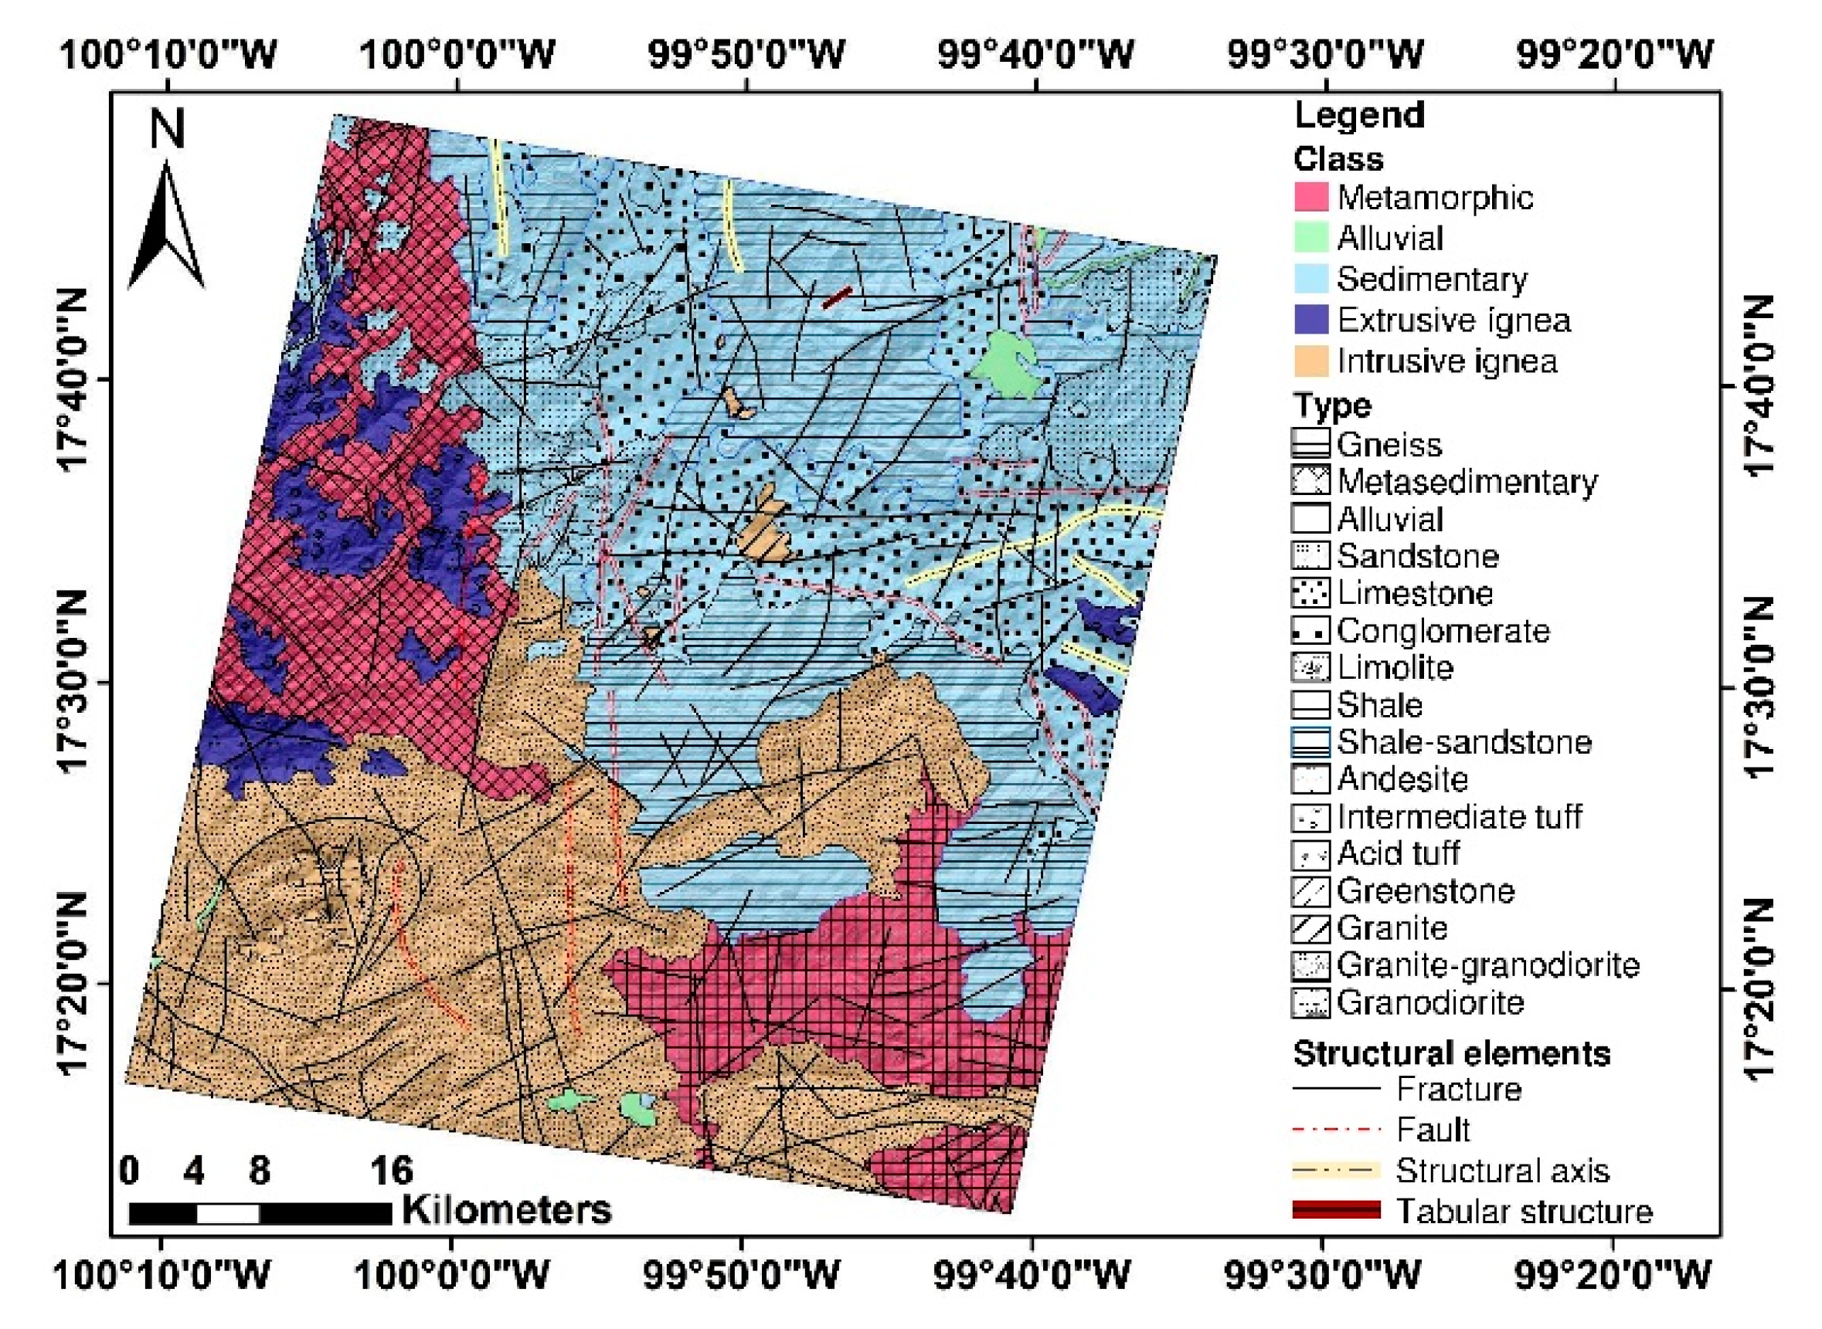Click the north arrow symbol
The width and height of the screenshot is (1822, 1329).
(x=166, y=225)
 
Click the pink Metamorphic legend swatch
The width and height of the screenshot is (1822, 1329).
(x=1310, y=198)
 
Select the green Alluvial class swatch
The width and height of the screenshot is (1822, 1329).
(x=1310, y=239)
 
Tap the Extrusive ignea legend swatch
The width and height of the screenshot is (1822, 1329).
(x=1310, y=320)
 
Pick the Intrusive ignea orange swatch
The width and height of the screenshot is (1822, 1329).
(x=1310, y=361)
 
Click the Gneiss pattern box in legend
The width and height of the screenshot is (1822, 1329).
(x=1310, y=445)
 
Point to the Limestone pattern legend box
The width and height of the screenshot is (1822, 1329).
(x=1310, y=594)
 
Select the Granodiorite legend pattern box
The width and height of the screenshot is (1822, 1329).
(x=1310, y=1003)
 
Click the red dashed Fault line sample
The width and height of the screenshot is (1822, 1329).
(x=1336, y=1131)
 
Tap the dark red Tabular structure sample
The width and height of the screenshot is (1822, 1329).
(x=1336, y=1211)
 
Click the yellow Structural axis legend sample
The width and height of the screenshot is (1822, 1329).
(x=1336, y=1171)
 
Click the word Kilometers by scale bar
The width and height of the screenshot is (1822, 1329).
(x=506, y=1209)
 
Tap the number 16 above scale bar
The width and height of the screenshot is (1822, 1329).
(x=391, y=1171)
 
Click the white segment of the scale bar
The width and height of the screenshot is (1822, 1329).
(x=228, y=1213)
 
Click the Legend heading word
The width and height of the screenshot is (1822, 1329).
(x=1359, y=115)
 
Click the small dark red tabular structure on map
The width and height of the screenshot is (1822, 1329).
(x=836, y=297)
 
